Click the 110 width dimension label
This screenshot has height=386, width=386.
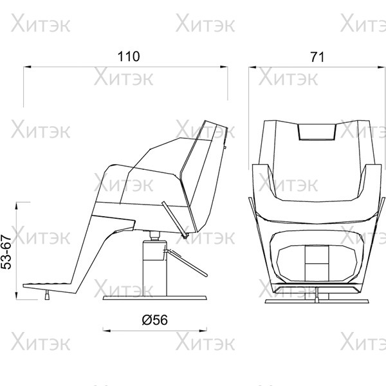coord(129,57)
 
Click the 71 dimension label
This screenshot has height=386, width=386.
coord(317,57)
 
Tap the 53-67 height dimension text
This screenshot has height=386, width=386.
coord(6,252)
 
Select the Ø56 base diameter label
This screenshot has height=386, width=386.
coord(155,320)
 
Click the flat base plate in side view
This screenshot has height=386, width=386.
coord(155,298)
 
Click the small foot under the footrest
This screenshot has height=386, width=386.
coord(47,295)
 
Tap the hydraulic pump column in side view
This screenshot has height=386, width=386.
coord(155,268)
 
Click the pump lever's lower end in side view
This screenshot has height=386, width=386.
coord(207,275)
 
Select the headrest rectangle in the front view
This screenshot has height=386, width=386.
coord(317,132)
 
